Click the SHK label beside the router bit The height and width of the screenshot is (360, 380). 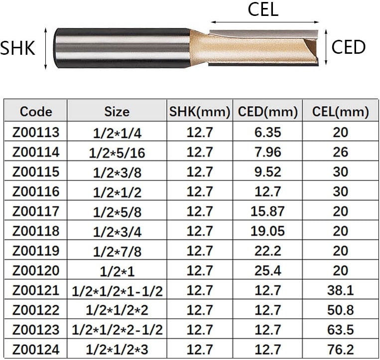point(17,48)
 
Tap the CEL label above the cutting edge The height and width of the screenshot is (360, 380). point(263,9)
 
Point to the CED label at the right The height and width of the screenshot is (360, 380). point(348,47)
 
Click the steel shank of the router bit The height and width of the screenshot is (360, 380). point(123,48)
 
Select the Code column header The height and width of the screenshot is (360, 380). point(36,112)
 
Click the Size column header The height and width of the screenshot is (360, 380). point(117,112)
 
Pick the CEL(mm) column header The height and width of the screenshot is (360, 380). point(340,112)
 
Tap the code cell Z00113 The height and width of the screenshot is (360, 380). point(36,132)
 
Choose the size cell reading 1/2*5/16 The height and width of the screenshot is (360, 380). point(117,153)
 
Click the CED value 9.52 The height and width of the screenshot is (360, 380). point(267,172)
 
